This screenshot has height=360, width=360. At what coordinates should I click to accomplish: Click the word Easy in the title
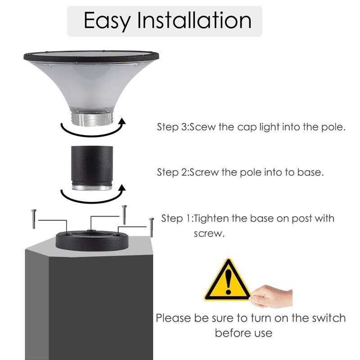click(107, 21)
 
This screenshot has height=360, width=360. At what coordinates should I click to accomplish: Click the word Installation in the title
click(194, 21)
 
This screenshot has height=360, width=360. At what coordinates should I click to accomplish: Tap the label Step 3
click(172, 127)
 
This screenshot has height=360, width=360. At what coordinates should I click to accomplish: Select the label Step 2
click(172, 172)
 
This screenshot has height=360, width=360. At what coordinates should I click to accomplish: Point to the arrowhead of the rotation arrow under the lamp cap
click(122, 121)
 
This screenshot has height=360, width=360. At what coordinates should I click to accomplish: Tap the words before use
click(243, 333)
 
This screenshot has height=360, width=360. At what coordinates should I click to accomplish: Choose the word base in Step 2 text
click(311, 172)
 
